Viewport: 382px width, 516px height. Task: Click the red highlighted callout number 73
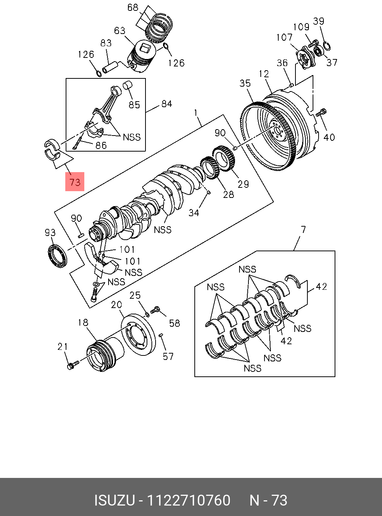(x=75, y=182)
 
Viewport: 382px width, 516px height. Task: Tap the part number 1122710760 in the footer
(x=189, y=500)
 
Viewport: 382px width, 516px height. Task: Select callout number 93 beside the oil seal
(x=50, y=233)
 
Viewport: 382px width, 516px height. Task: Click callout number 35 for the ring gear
(x=245, y=83)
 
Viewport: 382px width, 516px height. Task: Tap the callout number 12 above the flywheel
(x=264, y=74)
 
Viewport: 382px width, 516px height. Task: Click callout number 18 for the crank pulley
(x=83, y=322)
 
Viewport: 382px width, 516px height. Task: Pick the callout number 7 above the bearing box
(x=303, y=229)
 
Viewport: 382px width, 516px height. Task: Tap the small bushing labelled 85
(x=128, y=86)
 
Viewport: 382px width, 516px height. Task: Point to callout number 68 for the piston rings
(x=133, y=7)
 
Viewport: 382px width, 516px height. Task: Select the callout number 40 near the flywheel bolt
(x=329, y=137)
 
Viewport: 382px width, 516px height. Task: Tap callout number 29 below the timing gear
(x=243, y=184)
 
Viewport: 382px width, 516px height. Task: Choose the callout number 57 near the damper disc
(x=168, y=356)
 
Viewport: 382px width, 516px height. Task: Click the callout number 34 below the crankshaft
(x=194, y=212)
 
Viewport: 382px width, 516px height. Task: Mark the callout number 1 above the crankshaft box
(x=195, y=112)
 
